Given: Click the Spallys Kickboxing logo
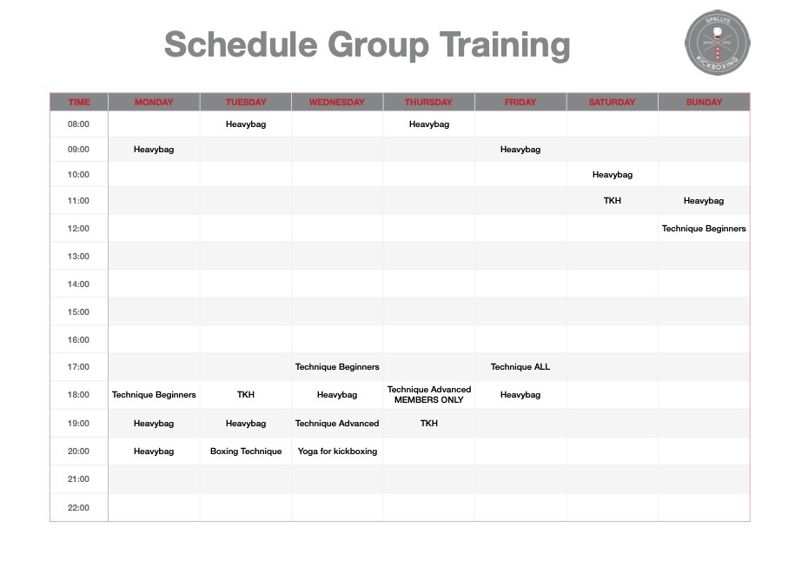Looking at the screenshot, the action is (718, 43).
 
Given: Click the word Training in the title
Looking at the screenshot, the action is (505, 46).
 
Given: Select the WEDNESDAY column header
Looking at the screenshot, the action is (336, 102).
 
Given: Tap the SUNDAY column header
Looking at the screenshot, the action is (704, 102).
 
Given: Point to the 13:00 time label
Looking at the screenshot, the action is (78, 257).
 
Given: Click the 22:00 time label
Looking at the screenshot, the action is (78, 508).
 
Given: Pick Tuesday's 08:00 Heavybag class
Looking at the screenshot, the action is (246, 124).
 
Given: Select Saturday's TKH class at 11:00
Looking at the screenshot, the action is (612, 201).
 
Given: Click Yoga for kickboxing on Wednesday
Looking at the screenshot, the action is (337, 452).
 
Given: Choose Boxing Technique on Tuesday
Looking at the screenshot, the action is (246, 452).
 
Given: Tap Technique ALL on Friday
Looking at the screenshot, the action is (520, 367).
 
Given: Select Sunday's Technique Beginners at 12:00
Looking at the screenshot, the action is (704, 229).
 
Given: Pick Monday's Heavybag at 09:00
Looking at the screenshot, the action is (154, 150).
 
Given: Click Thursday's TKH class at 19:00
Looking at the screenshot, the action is (429, 424).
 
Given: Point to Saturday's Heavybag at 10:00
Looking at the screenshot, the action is (613, 175).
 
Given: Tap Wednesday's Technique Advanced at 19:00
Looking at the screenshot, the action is (337, 424).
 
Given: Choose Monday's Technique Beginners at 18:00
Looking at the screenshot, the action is (154, 395).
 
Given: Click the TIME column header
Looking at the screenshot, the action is (79, 102).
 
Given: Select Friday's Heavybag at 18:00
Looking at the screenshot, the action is (520, 395).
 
